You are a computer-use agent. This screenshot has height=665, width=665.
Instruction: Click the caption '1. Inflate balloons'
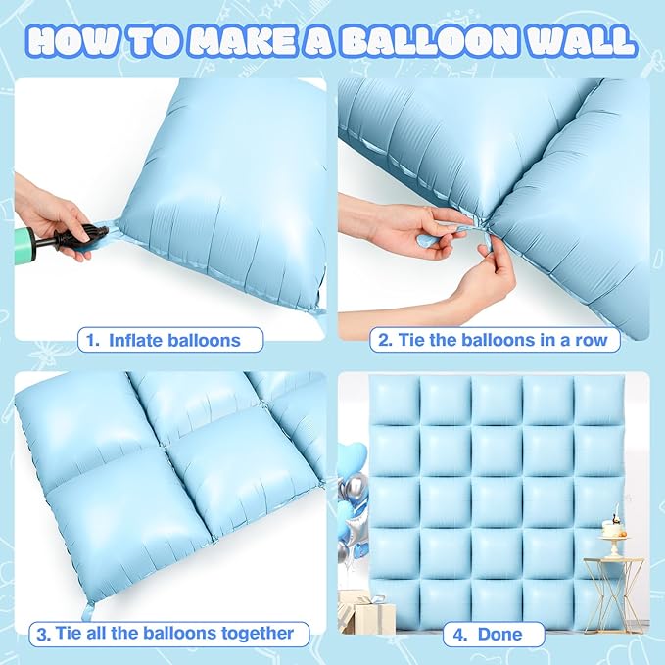[x=171, y=341]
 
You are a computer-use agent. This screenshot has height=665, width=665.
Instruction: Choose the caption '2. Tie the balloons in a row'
[x=496, y=341]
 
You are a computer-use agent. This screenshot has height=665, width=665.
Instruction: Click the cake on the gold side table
[x=614, y=530]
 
